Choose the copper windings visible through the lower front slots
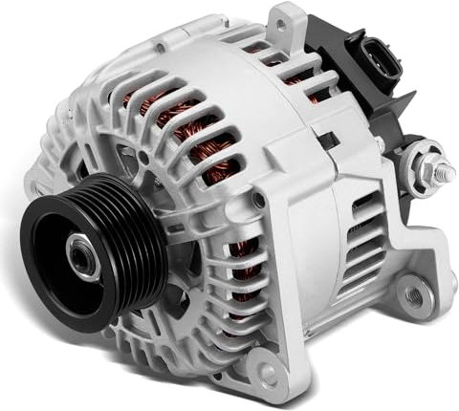pos(239,277)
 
